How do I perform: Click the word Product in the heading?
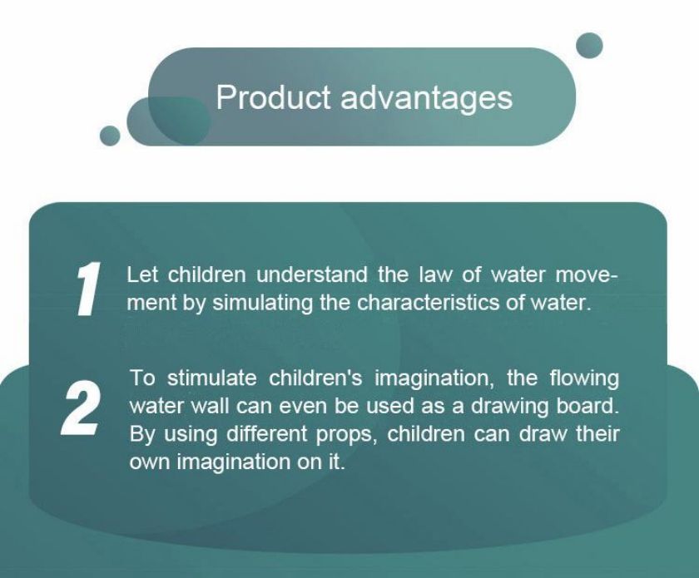click(273, 96)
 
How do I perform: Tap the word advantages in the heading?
click(427, 98)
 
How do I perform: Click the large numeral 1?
click(88, 289)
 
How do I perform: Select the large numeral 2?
click(81, 407)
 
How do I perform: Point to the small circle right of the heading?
click(589, 46)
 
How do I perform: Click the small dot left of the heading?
click(110, 136)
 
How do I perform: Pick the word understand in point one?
click(311, 274)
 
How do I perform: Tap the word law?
click(434, 274)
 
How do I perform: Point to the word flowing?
click(584, 378)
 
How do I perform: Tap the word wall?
click(211, 407)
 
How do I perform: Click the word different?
click(267, 434)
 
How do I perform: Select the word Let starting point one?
click(142, 274)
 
